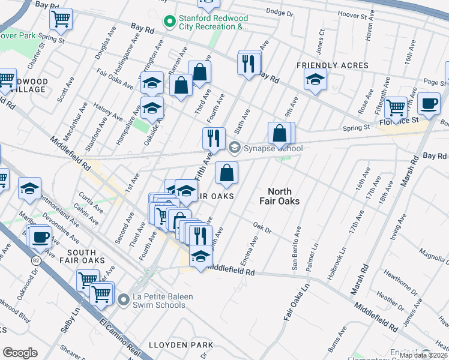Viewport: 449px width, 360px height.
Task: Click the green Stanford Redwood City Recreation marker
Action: click(x=170, y=22)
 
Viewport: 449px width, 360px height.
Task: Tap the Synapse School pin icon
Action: click(x=235, y=147)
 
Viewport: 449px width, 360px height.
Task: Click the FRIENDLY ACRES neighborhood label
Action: click(x=324, y=65)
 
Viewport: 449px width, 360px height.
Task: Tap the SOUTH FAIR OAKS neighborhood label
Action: click(x=82, y=256)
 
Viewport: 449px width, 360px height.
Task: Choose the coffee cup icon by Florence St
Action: click(x=429, y=104)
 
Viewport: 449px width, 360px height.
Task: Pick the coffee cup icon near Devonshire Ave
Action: click(x=40, y=236)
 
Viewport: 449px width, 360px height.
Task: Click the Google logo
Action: click(x=20, y=353)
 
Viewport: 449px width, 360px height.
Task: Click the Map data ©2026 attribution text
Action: click(x=423, y=355)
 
